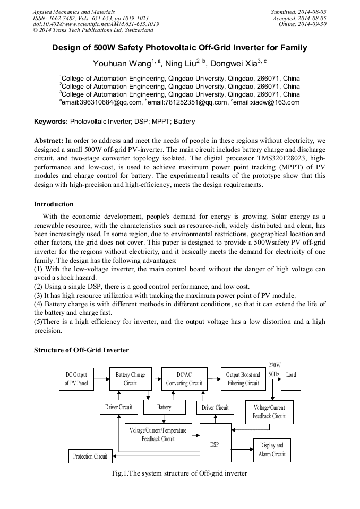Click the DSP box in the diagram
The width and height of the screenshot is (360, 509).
pyautogui.click(x=215, y=444)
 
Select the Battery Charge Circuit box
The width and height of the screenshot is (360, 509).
pyautogui.click(x=130, y=379)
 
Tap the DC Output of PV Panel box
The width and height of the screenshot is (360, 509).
pyautogui.click(x=76, y=379)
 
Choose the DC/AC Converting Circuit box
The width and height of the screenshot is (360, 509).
pyautogui.click(x=184, y=379)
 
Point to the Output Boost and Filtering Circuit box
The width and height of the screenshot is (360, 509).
pyautogui.click(x=243, y=379)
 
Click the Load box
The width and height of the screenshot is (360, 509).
pyautogui.click(x=291, y=375)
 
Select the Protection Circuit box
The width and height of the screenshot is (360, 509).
pyautogui.click(x=90, y=456)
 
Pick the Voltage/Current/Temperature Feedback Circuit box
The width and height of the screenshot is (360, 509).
pyautogui.click(x=158, y=435)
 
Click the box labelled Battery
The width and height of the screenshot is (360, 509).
pyautogui.click(x=164, y=407)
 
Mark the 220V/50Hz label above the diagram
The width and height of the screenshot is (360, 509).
pyautogui.click(x=275, y=369)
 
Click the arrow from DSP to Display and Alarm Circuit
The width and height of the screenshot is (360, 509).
pyautogui.click(x=242, y=449)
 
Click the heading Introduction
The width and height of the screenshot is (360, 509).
pyautogui.click(x=54, y=204)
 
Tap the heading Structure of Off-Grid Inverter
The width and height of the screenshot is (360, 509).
pyautogui.click(x=81, y=350)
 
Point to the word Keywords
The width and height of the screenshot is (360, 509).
pyautogui.click(x=51, y=122)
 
